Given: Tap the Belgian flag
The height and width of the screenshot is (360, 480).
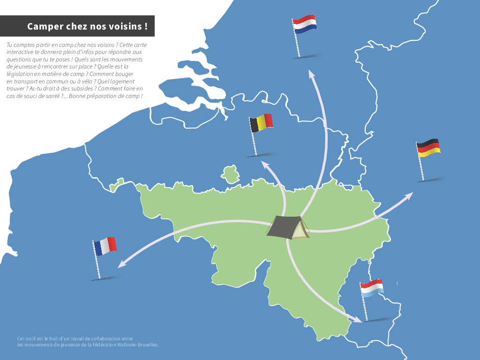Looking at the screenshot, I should click(x=261, y=123).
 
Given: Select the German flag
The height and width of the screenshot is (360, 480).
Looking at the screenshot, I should click(x=428, y=148).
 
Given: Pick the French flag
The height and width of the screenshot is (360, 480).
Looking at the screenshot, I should click(x=105, y=246).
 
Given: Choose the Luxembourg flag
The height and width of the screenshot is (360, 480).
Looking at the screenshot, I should click(x=372, y=286).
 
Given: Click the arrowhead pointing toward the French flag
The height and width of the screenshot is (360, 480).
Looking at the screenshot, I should click(x=120, y=265).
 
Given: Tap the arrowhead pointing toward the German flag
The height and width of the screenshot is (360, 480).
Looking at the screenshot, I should click(x=410, y=195).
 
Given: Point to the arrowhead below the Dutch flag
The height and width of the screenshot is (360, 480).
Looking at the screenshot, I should click(x=311, y=74).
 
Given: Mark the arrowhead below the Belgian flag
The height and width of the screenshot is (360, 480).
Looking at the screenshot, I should click(x=265, y=164).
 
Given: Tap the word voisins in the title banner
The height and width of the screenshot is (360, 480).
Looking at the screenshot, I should click(x=126, y=26).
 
